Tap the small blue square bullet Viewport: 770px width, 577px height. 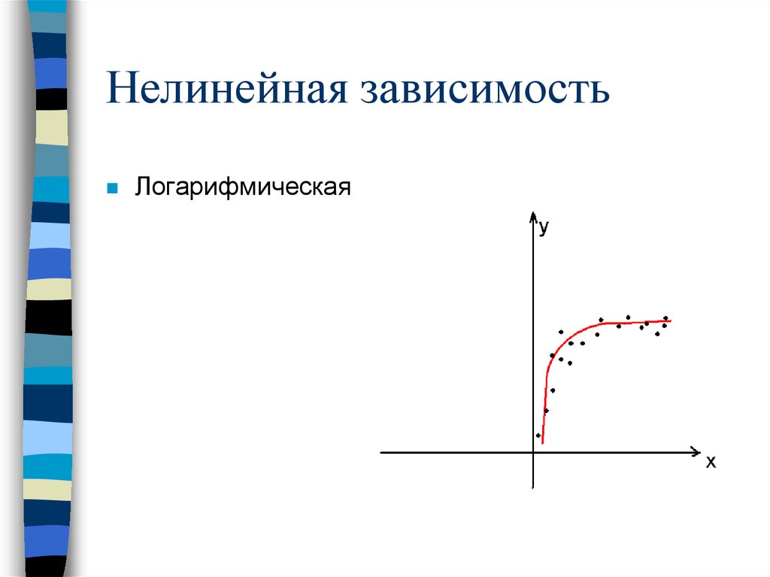coord(112,187)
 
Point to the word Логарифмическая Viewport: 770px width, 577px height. coord(243,186)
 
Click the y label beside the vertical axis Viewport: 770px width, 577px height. coord(544,227)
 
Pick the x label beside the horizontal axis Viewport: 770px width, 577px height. coord(711,462)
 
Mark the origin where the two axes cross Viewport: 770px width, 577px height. coord(533,453)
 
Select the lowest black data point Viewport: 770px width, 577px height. coord(538,436)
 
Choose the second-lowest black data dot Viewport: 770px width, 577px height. coord(546,411)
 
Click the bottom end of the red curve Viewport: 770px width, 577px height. coord(542,443)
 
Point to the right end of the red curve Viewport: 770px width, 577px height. coord(670,321)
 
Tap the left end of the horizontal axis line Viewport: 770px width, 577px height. coord(381,453)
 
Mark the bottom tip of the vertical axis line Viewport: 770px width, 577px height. coord(533,487)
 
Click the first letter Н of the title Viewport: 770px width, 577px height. coord(121,89)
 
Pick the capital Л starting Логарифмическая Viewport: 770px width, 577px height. coord(142,186)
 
